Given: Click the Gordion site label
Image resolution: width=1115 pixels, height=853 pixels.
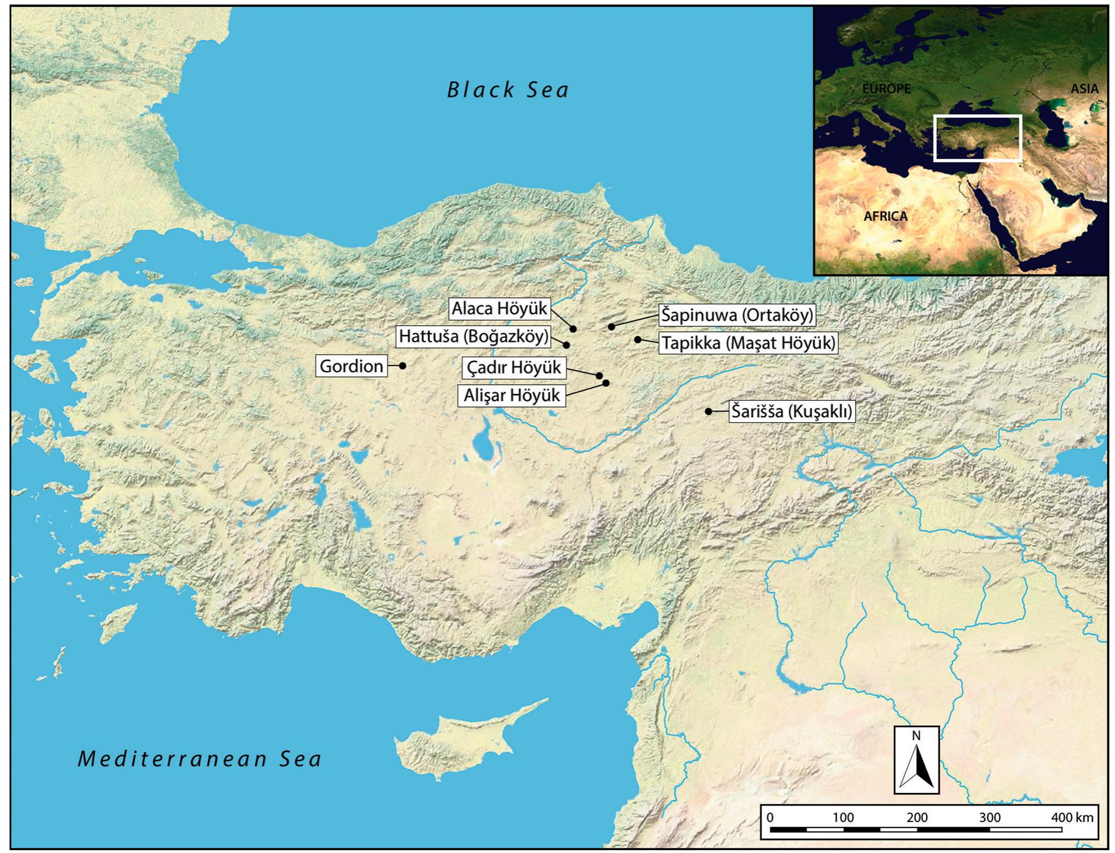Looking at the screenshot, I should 351,366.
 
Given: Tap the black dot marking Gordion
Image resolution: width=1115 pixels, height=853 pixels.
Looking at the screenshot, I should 403,366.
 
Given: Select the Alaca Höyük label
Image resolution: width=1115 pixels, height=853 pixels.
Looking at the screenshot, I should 499,308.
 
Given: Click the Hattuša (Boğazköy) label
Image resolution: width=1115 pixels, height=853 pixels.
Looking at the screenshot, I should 474,336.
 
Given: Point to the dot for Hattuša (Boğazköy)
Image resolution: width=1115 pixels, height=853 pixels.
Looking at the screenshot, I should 567,345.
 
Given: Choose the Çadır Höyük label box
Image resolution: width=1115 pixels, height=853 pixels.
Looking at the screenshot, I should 513,368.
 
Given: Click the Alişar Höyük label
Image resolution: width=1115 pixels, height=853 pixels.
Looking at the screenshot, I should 512,395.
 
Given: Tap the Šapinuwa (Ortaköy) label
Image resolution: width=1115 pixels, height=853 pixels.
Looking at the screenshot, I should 737,315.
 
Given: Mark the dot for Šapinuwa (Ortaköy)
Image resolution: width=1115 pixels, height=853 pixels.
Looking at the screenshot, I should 611,327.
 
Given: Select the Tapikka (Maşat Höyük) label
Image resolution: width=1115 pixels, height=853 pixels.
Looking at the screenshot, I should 748,343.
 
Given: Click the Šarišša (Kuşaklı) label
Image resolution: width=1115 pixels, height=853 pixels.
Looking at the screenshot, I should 791,411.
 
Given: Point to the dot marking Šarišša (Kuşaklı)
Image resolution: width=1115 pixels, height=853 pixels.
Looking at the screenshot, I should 709,412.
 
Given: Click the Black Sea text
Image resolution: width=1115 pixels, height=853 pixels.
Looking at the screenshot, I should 508,90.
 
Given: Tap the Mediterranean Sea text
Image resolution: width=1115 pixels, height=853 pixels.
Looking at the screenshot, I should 200,758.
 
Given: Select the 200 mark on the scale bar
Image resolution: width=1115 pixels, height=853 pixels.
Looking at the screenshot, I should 916,817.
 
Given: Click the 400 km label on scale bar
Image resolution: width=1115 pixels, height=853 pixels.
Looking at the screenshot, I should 1073,817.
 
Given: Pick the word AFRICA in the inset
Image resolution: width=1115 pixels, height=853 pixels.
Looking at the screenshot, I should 885,216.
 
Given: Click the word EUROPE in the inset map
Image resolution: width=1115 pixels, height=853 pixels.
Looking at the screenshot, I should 886,89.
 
